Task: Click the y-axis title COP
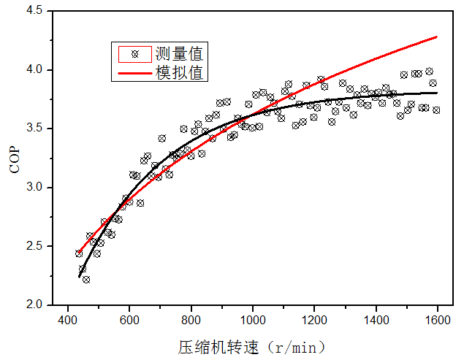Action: [15, 158]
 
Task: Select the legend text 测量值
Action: [179, 53]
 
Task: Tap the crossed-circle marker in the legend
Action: [134, 53]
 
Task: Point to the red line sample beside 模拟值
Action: [134, 72]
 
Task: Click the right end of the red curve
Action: [436, 37]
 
